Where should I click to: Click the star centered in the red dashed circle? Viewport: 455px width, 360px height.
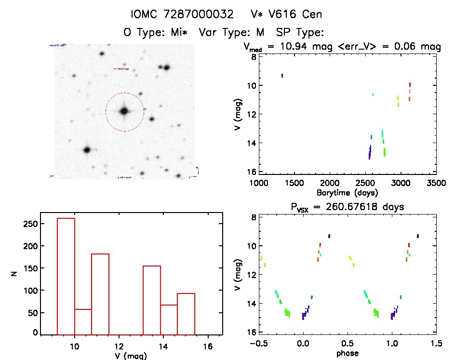[124, 111]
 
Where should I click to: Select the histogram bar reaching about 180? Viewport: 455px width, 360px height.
[100, 293]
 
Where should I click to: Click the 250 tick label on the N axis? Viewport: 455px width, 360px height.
[31, 224]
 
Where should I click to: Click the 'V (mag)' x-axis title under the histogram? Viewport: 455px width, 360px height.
[132, 356]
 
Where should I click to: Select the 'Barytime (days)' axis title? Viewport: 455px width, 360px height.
[347, 192]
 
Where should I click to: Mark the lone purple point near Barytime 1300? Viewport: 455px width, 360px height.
[282, 76]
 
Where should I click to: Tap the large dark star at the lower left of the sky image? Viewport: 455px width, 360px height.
[87, 150]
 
